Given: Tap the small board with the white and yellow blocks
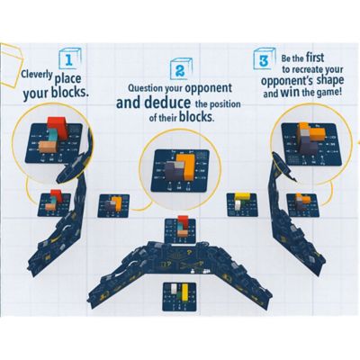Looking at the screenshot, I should (x=238, y=203).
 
